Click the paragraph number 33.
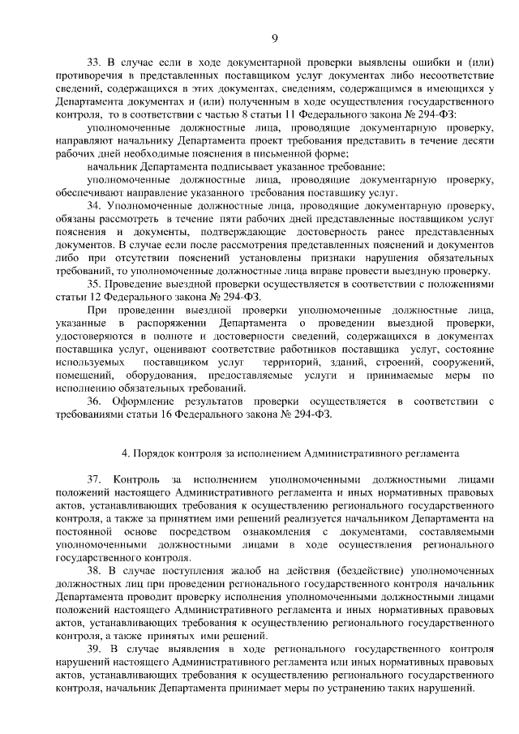coord(93,62)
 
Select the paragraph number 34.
coord(93,207)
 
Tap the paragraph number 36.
coord(94,401)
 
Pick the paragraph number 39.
coord(93,650)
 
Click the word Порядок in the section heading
coord(155,453)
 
